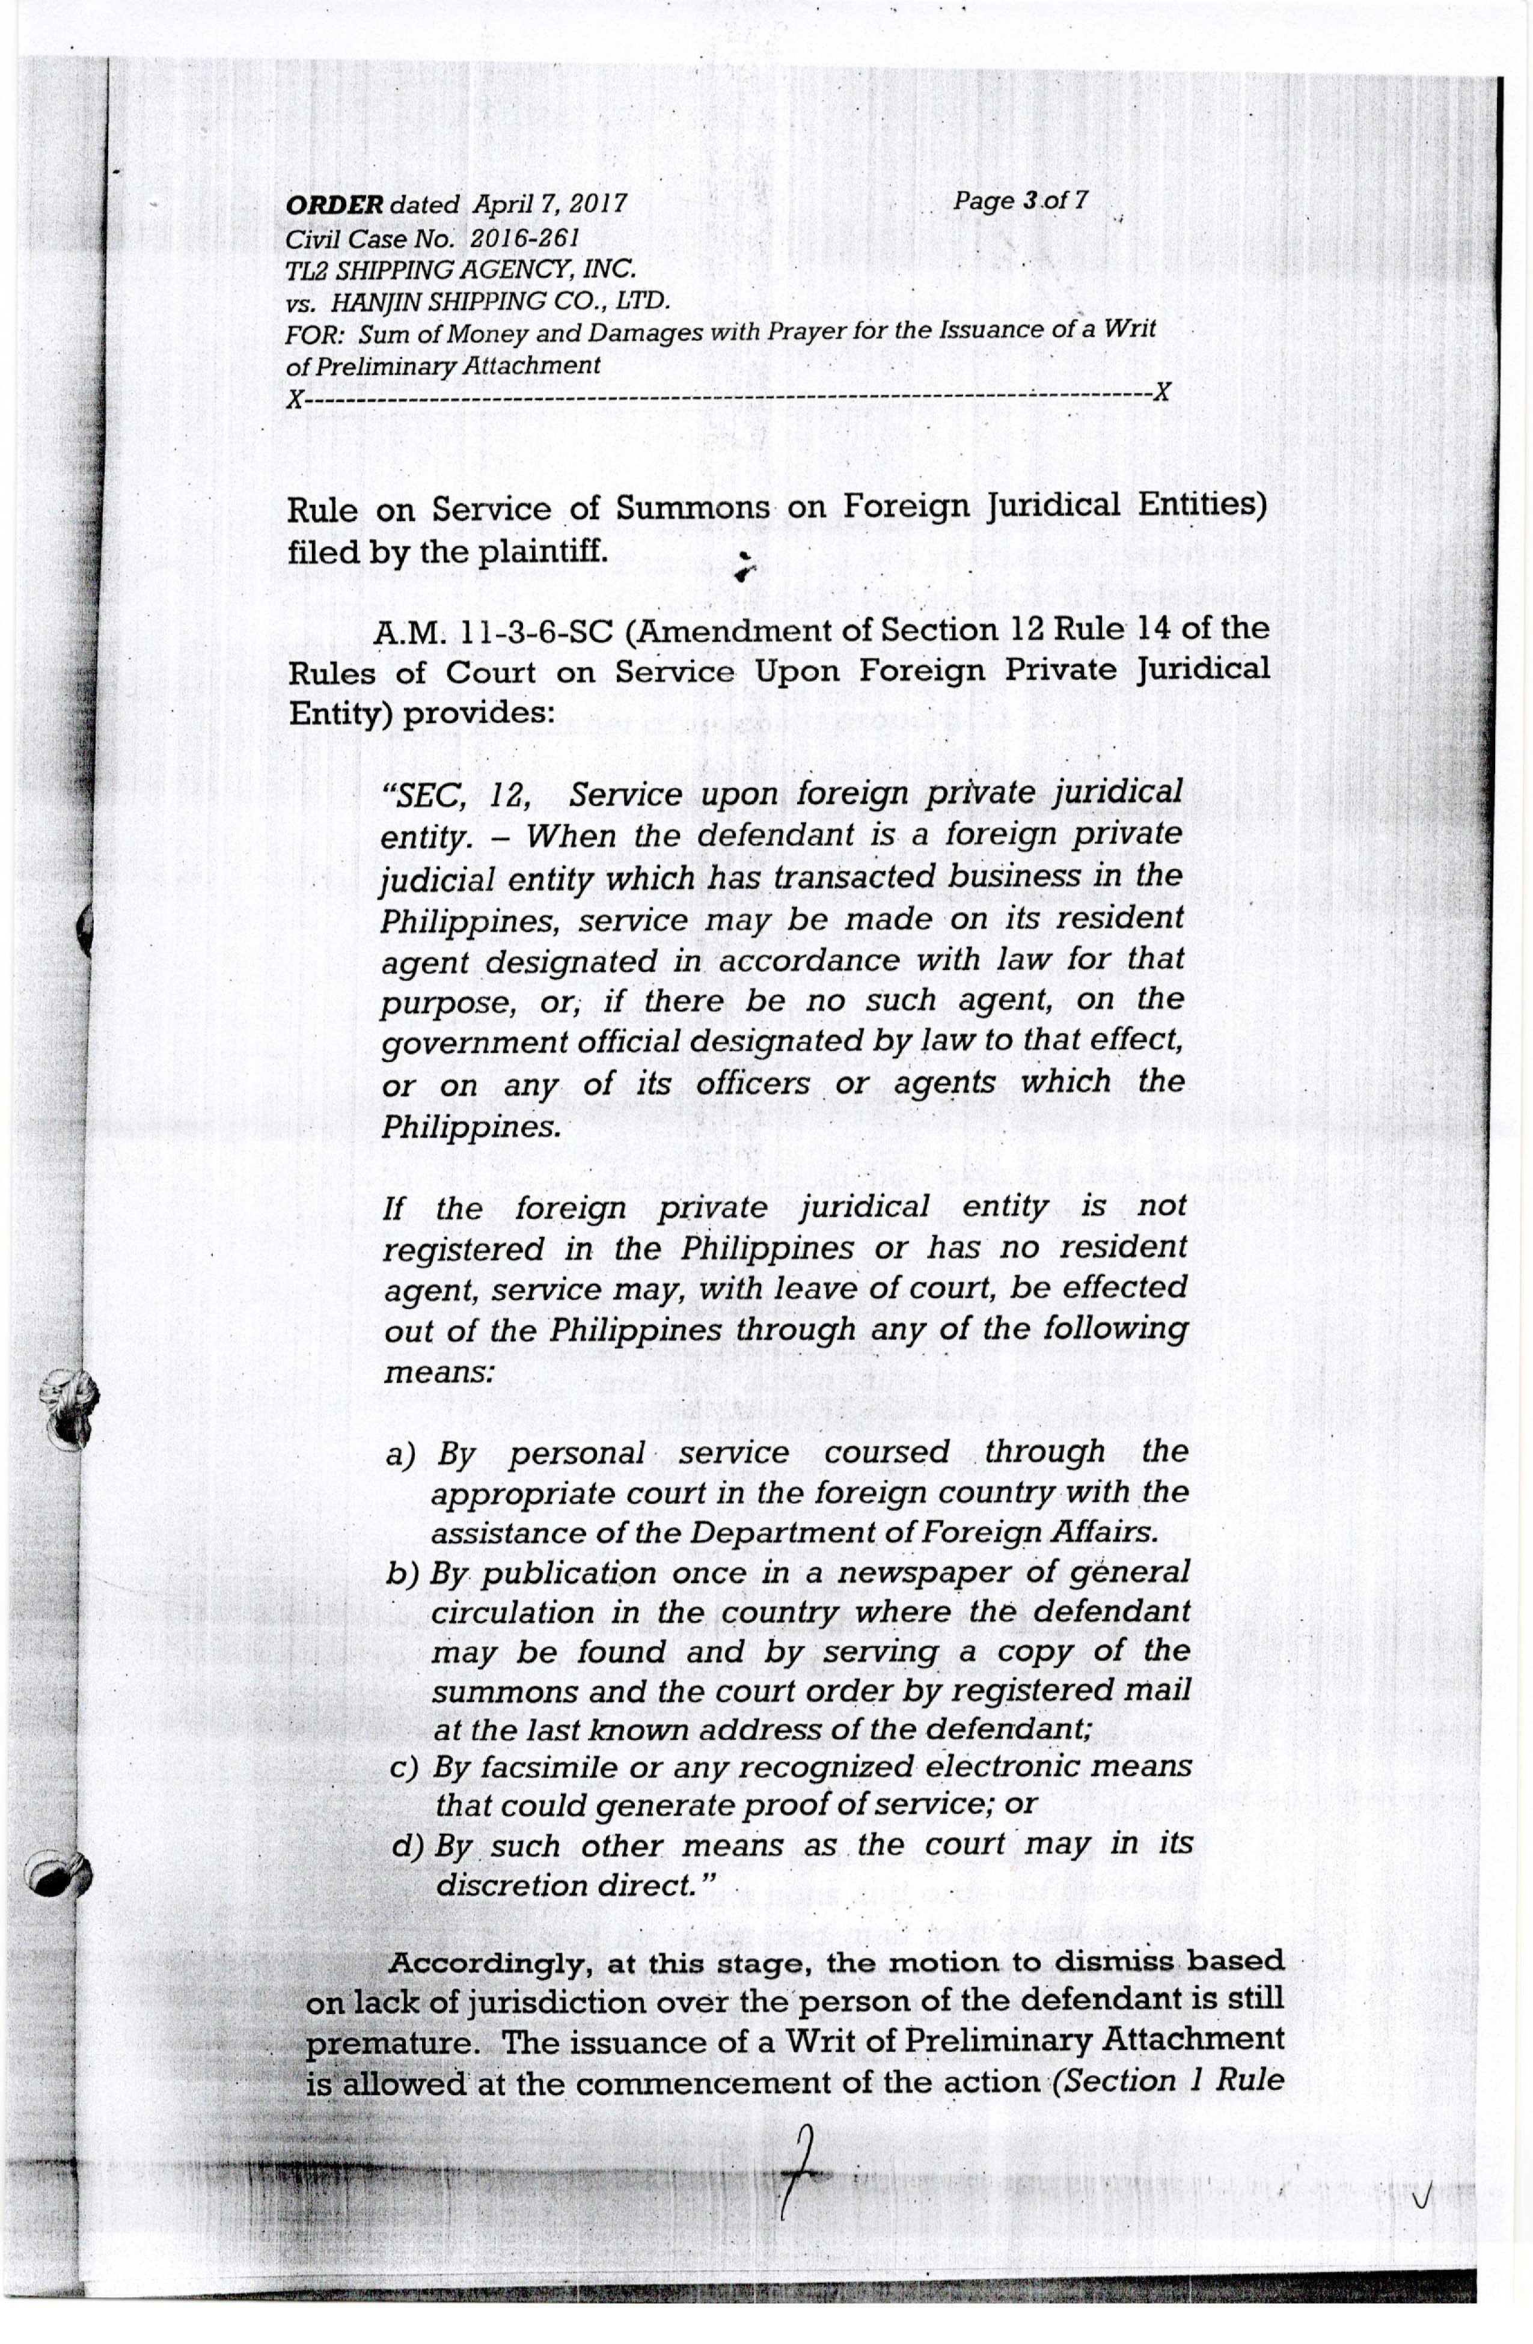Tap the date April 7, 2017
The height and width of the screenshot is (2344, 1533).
549,204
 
